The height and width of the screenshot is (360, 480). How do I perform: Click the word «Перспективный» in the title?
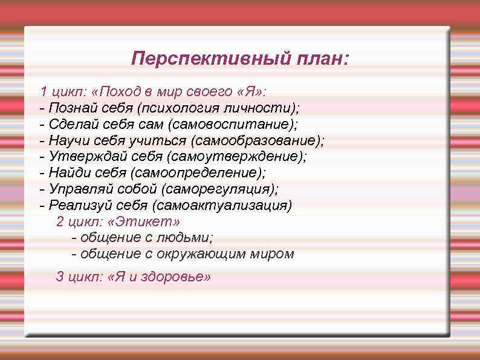tap(202, 59)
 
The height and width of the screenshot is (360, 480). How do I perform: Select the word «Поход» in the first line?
tap(118, 92)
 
